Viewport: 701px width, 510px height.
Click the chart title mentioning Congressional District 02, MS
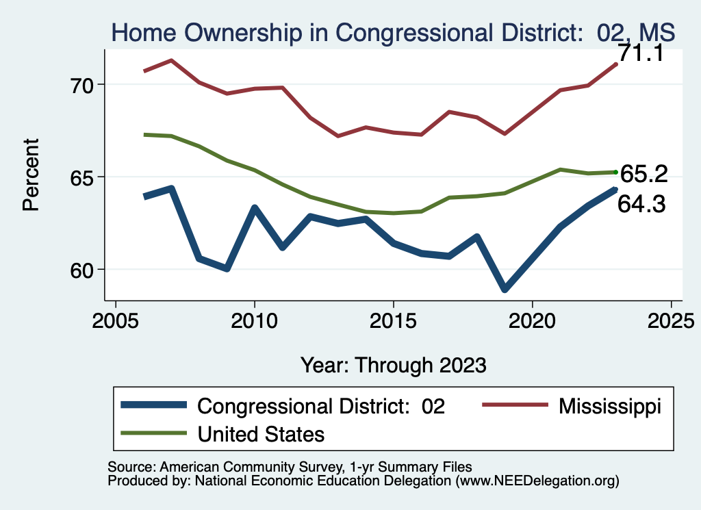(393, 31)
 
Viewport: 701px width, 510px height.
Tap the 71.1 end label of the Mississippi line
(641, 53)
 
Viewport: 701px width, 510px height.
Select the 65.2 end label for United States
(643, 174)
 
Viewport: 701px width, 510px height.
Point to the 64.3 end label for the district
(642, 203)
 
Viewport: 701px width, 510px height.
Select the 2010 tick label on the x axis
(255, 320)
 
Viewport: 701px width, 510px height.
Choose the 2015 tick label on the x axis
(394, 320)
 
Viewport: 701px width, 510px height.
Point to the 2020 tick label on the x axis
(533, 320)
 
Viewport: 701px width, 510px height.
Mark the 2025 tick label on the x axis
(671, 320)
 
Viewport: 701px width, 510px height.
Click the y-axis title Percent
(31, 177)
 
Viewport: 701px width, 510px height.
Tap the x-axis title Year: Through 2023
(394, 365)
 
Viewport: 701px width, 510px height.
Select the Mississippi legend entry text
(610, 406)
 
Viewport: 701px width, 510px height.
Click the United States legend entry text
(261, 433)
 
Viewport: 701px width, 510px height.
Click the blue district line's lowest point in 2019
(505, 289)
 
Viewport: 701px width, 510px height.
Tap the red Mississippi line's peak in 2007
(171, 60)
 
